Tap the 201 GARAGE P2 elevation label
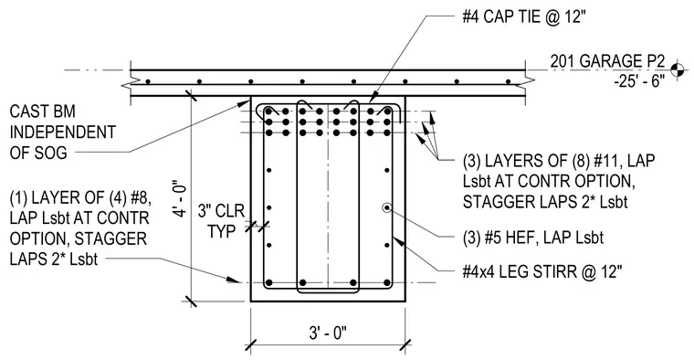click(x=607, y=61)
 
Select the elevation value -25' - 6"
click(x=639, y=81)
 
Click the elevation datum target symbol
click(x=677, y=69)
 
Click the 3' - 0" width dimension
click(x=328, y=333)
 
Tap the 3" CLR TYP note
click(x=221, y=220)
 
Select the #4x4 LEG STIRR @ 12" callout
click(x=542, y=272)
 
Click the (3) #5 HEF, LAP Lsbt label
click(x=533, y=238)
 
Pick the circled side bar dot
click(x=387, y=207)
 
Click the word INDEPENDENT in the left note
click(x=63, y=132)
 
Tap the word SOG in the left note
click(x=50, y=153)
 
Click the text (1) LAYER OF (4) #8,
click(x=80, y=198)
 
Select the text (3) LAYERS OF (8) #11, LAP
click(x=559, y=161)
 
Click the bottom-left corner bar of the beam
click(x=268, y=282)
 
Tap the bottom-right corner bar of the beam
click(x=387, y=282)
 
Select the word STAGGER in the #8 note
click(x=110, y=238)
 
